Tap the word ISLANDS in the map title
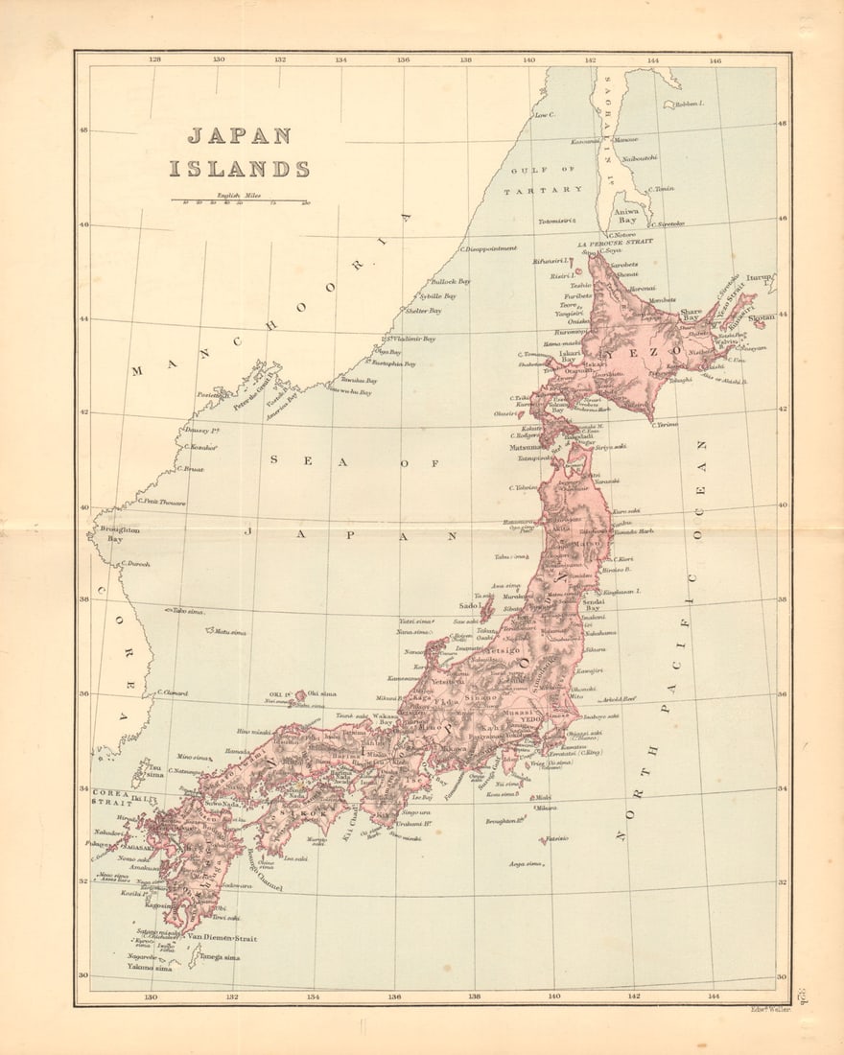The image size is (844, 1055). coord(240,170)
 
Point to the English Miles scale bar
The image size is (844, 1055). coord(239,200)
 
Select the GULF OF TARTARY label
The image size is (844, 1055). coord(544,179)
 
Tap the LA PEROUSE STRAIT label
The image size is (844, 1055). coord(614,243)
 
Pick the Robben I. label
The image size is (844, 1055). coord(687,102)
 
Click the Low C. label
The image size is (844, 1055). coord(545,115)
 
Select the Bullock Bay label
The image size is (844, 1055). coord(451,282)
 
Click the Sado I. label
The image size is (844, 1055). coord(469,606)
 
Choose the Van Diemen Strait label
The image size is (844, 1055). coord(222,938)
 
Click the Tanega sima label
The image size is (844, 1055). coord(220,956)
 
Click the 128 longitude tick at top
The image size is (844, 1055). coord(155,59)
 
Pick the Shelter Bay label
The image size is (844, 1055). coord(423,311)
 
